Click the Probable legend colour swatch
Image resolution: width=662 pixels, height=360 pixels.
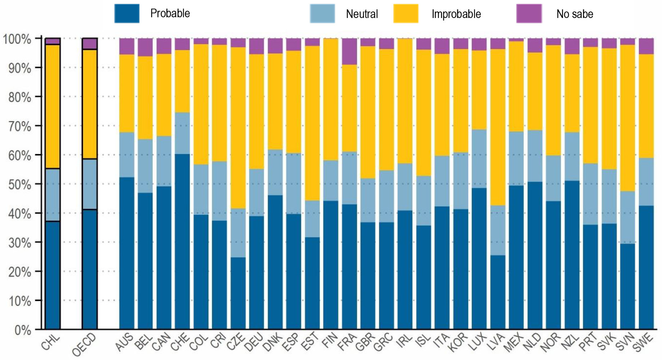127,14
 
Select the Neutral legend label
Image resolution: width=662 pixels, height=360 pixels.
362,14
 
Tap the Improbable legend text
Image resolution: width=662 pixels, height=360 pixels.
456,14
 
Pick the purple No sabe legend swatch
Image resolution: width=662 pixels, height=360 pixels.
529,14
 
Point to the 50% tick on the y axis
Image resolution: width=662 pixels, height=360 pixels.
20,184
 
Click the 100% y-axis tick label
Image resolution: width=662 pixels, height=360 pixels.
17,39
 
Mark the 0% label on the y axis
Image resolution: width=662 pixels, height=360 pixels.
22,330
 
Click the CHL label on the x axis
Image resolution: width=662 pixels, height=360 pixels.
50,342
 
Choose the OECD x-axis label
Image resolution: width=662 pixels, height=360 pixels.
85,345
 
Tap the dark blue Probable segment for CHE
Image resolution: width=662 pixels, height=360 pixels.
182,241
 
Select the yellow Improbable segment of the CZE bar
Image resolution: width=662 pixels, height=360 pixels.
238,128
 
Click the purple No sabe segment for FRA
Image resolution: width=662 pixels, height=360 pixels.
349,51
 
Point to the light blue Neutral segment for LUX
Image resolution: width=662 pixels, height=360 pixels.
479,159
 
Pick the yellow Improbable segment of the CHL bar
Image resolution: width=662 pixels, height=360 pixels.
53,106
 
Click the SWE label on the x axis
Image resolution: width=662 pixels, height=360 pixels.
643,342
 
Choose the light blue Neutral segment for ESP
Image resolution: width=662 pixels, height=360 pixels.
294,183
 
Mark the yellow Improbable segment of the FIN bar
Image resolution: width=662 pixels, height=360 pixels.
331,99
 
